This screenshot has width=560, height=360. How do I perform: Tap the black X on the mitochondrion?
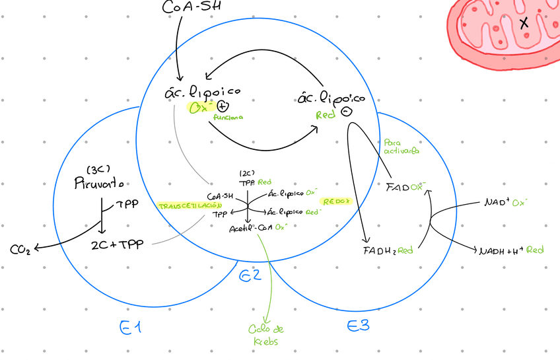[524, 23]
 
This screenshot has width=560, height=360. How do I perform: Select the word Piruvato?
[99, 183]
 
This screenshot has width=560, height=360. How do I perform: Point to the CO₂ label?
[20, 250]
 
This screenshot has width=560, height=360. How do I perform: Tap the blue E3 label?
[358, 326]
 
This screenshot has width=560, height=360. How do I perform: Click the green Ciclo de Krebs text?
[266, 336]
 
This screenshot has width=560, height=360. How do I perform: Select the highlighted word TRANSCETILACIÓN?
[180, 206]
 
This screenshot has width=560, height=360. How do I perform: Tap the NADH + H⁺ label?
[500, 250]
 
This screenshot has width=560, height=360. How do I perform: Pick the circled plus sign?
[223, 106]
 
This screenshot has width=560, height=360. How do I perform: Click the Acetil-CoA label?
[250, 228]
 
